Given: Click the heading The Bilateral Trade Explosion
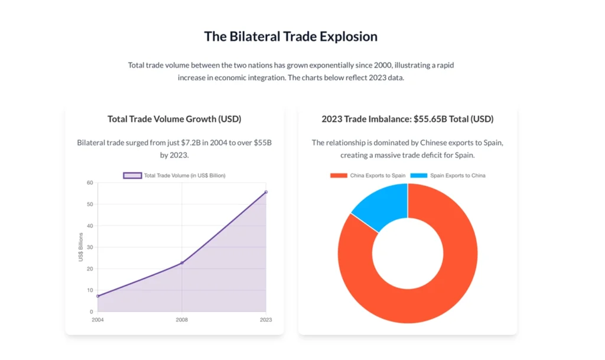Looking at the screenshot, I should (x=291, y=37).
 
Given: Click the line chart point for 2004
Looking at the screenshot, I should (x=97, y=296).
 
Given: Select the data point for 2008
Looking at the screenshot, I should (x=182, y=262).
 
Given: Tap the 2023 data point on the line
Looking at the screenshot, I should (x=266, y=192).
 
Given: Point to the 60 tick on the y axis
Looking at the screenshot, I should (x=90, y=183).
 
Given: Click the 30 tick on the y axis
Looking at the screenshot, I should (x=90, y=247).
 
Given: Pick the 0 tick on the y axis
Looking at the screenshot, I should (x=92, y=312).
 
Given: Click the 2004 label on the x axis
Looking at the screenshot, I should (x=97, y=320).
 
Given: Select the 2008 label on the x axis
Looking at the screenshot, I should (x=182, y=320).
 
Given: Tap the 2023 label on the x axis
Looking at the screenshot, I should (x=266, y=320).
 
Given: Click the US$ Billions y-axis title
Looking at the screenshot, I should (x=80, y=247).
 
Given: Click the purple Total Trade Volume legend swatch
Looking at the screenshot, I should (x=132, y=176).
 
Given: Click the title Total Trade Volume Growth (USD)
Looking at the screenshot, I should (x=174, y=119).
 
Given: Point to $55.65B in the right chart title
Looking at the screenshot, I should (x=430, y=119).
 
